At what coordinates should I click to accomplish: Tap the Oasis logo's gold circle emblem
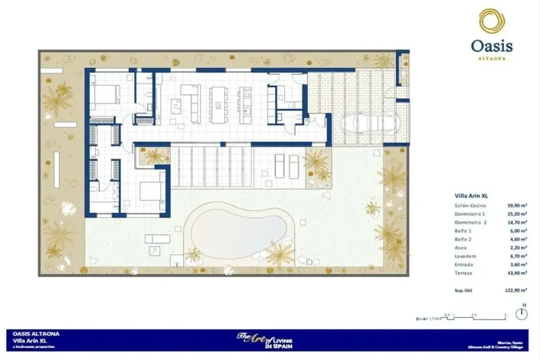tap(490, 21)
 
